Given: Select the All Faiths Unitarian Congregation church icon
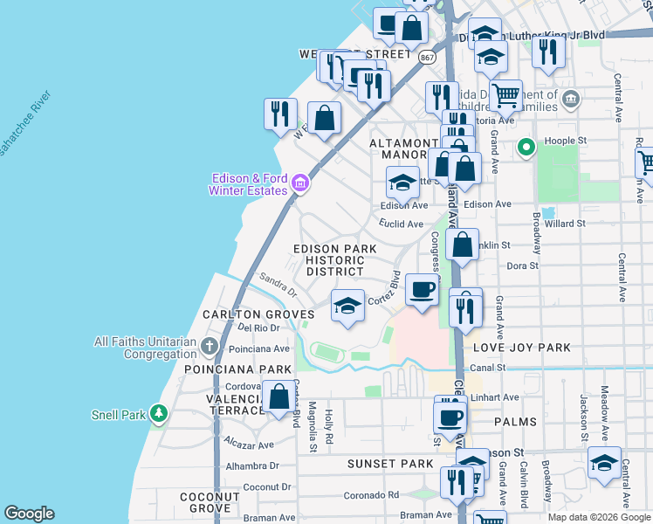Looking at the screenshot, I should (209, 347).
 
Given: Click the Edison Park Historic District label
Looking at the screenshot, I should (334, 260).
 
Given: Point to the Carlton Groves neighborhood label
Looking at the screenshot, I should (258, 314).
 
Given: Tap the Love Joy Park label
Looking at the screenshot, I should (521, 348).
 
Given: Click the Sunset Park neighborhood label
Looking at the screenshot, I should (390, 463).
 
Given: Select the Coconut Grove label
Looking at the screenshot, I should (210, 502).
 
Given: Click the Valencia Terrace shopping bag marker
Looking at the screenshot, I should (279, 396).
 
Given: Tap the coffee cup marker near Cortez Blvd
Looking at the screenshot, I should (422, 289).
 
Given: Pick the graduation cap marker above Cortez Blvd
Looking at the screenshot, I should (347, 306).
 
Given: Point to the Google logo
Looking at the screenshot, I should (30, 514).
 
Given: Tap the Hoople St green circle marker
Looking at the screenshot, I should (526, 148).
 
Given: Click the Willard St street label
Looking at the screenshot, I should (563, 224).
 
